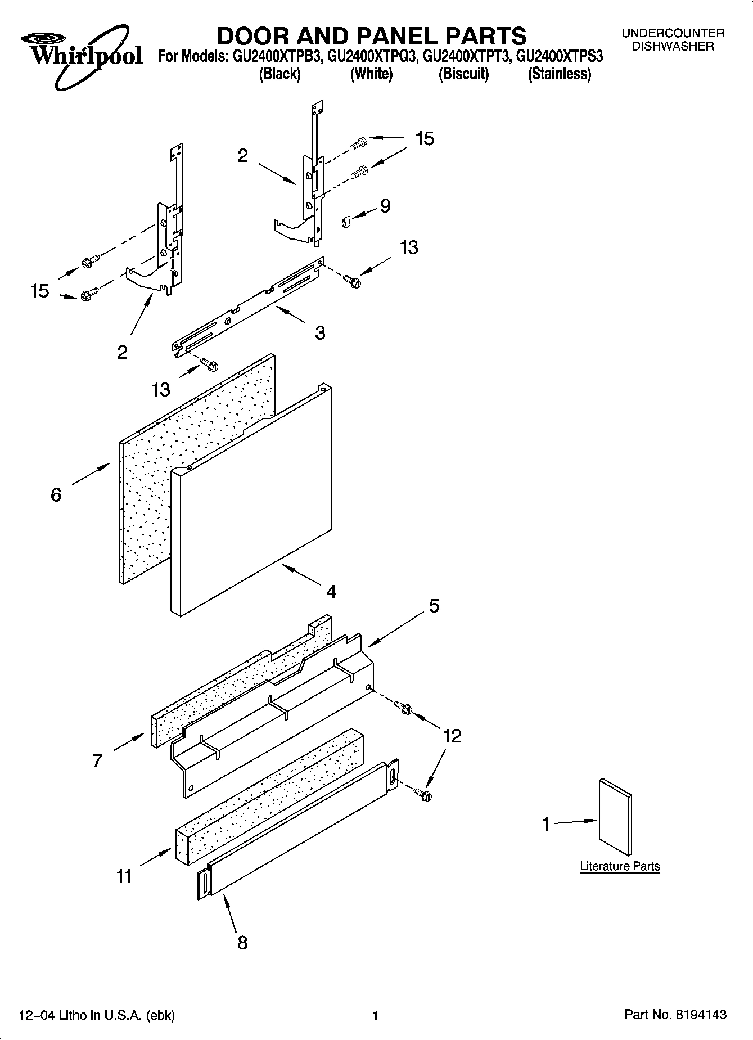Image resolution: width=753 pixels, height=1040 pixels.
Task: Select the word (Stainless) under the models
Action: tap(559, 74)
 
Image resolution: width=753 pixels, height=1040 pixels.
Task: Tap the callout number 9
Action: tap(385, 206)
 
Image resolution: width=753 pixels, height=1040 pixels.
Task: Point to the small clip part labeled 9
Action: tap(346, 222)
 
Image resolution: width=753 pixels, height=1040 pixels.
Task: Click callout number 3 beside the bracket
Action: tap(320, 333)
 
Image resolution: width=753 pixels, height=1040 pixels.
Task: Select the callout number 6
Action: tap(56, 495)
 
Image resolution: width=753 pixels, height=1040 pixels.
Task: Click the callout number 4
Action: tap(331, 592)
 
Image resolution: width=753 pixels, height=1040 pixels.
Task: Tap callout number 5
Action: tap(434, 606)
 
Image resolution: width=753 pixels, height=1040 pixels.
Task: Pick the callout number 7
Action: tap(97, 761)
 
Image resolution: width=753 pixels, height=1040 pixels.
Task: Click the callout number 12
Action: tap(452, 736)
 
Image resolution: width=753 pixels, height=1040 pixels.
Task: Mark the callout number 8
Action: tap(242, 943)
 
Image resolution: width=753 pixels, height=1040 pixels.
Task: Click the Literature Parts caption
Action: tap(620, 866)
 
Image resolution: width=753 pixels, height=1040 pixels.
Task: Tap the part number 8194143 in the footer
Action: tap(701, 1015)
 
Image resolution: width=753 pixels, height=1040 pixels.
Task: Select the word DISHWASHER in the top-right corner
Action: tap(673, 47)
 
